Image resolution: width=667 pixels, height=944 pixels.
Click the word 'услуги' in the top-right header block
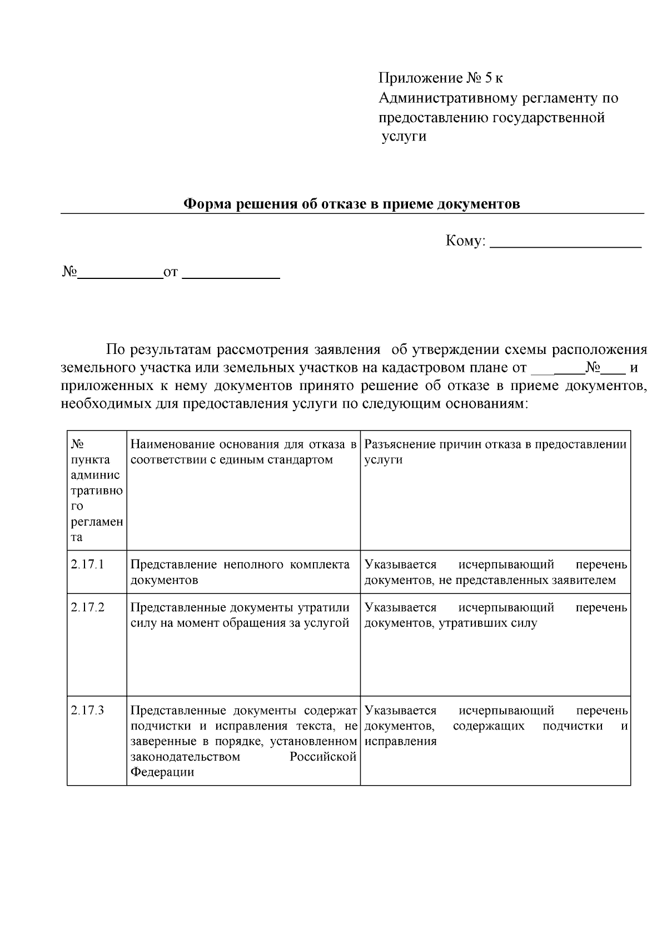(x=404, y=136)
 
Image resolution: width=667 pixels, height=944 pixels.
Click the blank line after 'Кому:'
(x=567, y=243)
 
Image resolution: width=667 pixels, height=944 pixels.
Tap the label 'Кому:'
(x=466, y=241)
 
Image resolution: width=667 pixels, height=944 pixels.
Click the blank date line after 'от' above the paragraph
(x=231, y=274)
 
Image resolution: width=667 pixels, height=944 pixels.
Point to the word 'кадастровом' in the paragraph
(x=418, y=368)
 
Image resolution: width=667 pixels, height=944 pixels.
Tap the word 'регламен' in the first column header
(x=97, y=522)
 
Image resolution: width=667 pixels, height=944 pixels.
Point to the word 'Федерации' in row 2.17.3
(x=162, y=772)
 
